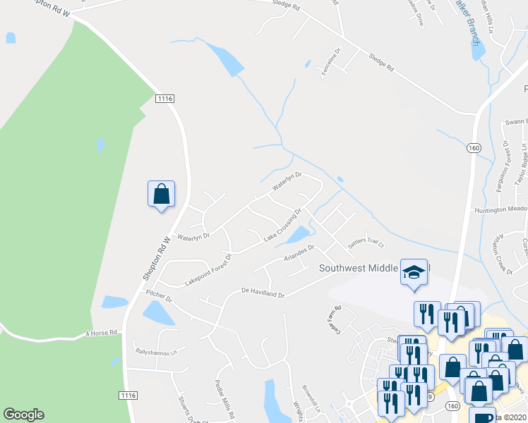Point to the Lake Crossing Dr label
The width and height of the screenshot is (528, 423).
283,226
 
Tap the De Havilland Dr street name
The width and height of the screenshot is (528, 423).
262,290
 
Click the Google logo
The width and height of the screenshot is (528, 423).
23,415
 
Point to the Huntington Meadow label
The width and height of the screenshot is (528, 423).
499,209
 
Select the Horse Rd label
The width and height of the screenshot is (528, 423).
102,333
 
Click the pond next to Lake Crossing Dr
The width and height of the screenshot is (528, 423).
299,234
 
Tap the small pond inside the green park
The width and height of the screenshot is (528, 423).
101,145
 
